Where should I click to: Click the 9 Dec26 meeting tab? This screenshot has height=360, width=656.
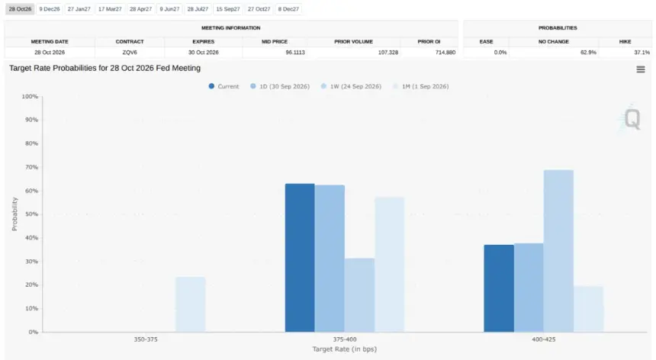[50, 9]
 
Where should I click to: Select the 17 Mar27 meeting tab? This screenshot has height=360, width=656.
[110, 9]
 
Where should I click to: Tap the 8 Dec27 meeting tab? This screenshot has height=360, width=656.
[288, 9]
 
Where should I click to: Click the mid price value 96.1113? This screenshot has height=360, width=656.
[295, 53]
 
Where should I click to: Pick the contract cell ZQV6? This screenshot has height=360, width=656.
[130, 53]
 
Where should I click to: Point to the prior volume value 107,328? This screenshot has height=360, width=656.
[387, 53]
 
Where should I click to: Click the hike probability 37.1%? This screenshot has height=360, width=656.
[642, 53]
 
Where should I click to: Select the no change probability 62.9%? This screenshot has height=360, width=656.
[588, 53]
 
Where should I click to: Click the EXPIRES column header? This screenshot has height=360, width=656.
[204, 42]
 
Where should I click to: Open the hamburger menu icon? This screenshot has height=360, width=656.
[641, 69]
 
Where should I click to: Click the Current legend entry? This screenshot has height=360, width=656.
[223, 86]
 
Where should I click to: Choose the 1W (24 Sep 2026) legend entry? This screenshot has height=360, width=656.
[351, 86]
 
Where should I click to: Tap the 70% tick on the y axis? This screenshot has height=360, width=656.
[30, 167]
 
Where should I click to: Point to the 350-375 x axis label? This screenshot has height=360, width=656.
[146, 339]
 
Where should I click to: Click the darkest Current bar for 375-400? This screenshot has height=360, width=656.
[300, 258]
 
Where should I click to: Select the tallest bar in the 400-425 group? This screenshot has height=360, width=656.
[558, 251]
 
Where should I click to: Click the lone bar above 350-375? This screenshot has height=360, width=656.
[191, 304]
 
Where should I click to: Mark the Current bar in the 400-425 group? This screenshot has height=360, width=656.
[499, 288]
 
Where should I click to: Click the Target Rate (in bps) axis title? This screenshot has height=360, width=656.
[344, 349]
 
